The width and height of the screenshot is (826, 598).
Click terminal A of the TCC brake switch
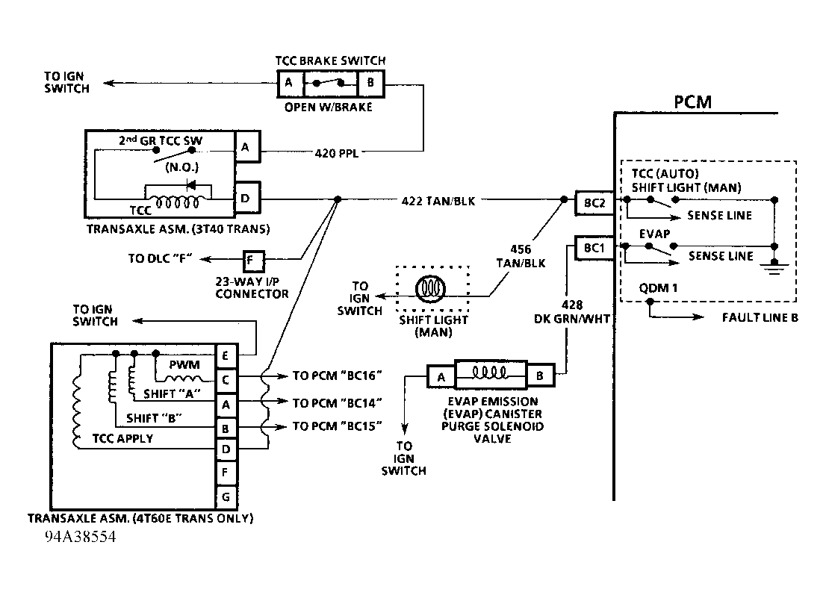(x=288, y=84)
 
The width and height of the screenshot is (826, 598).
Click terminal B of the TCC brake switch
(x=370, y=84)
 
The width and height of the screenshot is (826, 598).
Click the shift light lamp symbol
(x=433, y=287)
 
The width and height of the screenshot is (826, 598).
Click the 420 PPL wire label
(x=336, y=155)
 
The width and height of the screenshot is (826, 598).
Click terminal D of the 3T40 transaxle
(x=246, y=199)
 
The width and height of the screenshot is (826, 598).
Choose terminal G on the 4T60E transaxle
(x=226, y=496)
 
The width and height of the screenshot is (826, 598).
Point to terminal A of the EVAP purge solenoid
(x=441, y=376)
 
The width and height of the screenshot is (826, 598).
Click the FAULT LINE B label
(x=760, y=317)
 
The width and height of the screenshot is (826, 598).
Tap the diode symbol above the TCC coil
(x=191, y=184)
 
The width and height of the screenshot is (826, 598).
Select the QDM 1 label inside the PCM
(x=655, y=288)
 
